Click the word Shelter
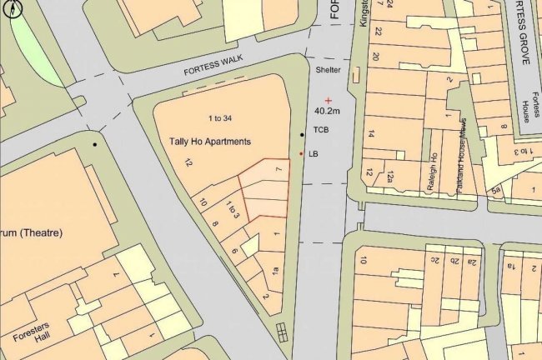329,71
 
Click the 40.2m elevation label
328,110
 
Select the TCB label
321,131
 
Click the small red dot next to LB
301,154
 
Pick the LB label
314,154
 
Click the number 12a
391,175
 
